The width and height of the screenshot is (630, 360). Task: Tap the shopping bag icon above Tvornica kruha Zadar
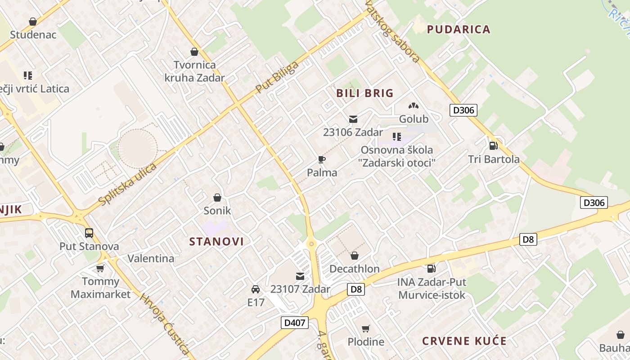tap(194, 52)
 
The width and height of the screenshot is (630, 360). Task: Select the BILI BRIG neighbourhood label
tap(365, 94)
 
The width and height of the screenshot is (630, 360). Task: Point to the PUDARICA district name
tap(458, 30)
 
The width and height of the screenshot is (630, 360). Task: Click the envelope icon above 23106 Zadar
tap(353, 119)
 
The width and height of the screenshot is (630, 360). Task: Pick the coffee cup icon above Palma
tap(322, 159)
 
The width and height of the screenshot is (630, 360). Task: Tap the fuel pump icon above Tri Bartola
tap(494, 146)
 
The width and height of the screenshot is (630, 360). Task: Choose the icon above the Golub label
tap(413, 106)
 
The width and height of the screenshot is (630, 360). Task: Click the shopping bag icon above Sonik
tap(217, 198)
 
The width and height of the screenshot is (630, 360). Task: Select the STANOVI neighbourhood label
tap(216, 242)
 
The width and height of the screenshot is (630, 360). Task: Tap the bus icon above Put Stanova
tap(89, 233)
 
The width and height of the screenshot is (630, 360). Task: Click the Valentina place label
tap(151, 259)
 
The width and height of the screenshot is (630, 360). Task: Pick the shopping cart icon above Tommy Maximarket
tap(100, 269)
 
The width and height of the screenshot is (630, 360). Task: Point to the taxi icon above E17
tap(256, 289)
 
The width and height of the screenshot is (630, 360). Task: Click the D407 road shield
tap(295, 323)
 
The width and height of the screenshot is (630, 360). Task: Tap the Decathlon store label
tap(355, 269)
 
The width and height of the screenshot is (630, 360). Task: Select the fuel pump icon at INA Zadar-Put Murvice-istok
tap(431, 269)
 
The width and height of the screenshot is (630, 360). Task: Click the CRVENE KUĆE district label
tap(464, 341)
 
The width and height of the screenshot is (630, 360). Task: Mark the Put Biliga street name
tap(277, 77)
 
